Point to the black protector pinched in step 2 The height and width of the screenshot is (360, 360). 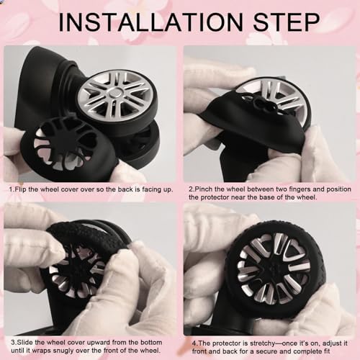tap(252, 126)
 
